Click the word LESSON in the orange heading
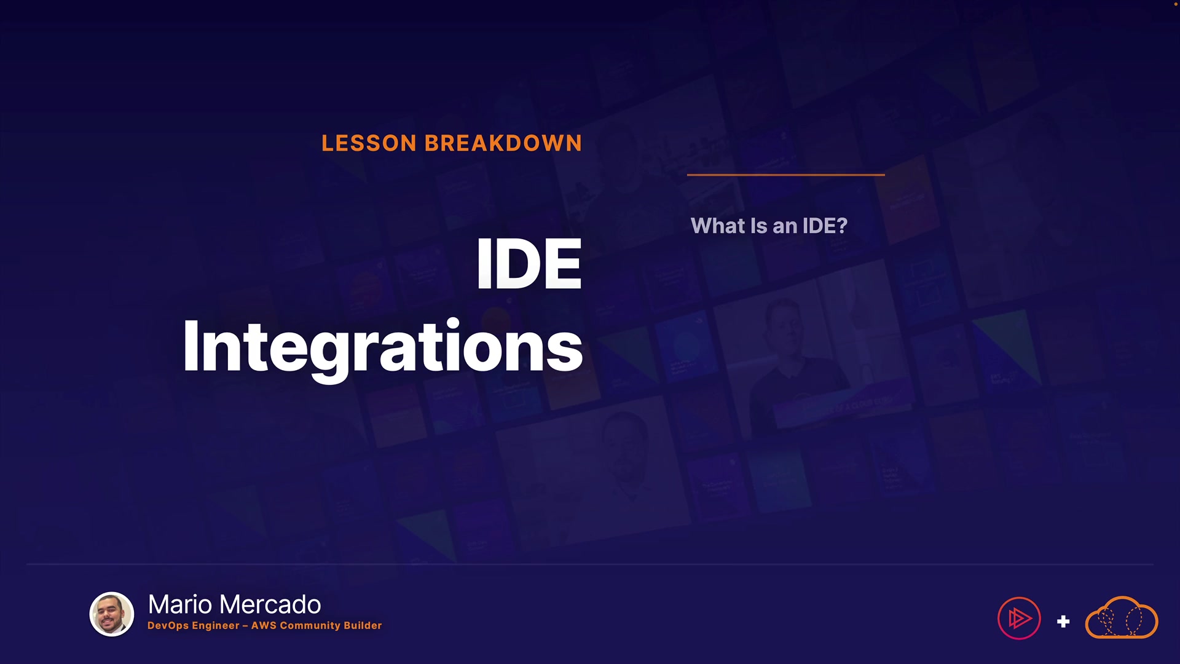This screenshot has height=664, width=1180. point(369,143)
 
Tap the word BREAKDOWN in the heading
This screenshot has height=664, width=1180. point(503,143)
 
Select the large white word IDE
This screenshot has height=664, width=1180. point(529,264)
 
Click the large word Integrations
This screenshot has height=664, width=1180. point(382,347)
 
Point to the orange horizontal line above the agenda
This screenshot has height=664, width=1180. point(786,175)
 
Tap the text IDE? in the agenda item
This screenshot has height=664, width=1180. point(825,226)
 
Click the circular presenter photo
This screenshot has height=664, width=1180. point(112,614)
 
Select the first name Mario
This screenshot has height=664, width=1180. point(180,604)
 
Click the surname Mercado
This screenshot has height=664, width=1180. point(270,604)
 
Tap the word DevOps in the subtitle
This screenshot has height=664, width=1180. point(168,625)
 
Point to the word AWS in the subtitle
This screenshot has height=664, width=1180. point(264,625)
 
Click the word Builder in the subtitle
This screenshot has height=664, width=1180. point(363,625)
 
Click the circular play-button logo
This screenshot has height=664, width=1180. point(1019,618)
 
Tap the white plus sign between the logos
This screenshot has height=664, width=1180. point(1063,622)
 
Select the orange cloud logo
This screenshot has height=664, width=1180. point(1122,617)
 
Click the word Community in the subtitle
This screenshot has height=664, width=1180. point(310,625)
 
